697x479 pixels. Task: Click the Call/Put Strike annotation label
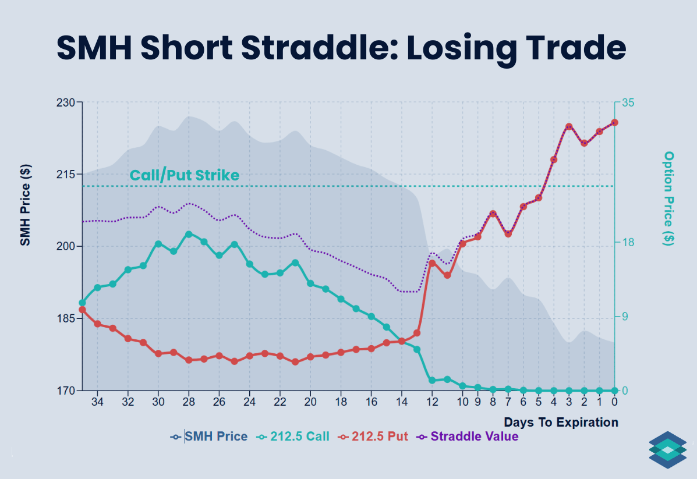[x=184, y=175]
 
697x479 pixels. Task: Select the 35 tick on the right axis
[x=629, y=102]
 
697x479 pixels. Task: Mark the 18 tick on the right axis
[x=629, y=243]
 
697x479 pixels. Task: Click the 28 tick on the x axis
[x=189, y=402]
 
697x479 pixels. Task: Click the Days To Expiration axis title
[x=561, y=422]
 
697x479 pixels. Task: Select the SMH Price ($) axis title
[x=25, y=204]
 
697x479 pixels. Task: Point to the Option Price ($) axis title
[x=669, y=198]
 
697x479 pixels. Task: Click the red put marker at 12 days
[x=432, y=263]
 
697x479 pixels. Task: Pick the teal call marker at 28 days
[x=189, y=234]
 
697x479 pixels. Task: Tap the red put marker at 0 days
[x=614, y=122]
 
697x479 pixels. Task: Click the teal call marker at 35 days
[x=82, y=303]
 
